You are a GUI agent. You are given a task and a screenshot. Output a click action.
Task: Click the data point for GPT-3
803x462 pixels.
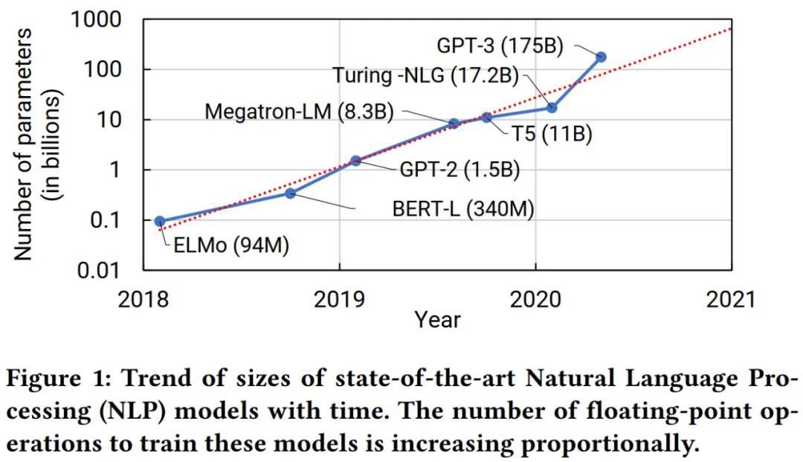pyautogui.click(x=601, y=57)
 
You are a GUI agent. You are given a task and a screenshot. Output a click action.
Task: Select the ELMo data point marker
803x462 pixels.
pyautogui.click(x=160, y=221)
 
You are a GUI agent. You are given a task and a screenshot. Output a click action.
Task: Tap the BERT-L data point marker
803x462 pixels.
pyautogui.click(x=291, y=193)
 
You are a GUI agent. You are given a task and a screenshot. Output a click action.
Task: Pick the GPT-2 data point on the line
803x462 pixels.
pyautogui.click(x=355, y=160)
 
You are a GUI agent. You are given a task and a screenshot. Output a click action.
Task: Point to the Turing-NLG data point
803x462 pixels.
pyautogui.click(x=552, y=108)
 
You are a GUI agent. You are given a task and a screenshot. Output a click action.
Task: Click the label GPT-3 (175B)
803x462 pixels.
pyautogui.click(x=499, y=45)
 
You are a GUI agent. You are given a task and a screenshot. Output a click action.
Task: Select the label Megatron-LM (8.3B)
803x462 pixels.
pyautogui.click(x=299, y=112)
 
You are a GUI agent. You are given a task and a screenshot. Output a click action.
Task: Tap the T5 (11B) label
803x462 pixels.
pyautogui.click(x=550, y=136)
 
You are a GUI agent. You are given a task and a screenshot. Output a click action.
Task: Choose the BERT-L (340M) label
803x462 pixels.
pyautogui.click(x=463, y=208)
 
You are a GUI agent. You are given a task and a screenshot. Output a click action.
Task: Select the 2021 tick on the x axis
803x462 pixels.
pyautogui.click(x=731, y=299)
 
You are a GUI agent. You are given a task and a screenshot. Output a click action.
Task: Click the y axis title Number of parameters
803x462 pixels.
pyautogui.click(x=24, y=144)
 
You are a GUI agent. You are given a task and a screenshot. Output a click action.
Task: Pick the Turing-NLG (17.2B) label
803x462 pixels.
pyautogui.click(x=425, y=75)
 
